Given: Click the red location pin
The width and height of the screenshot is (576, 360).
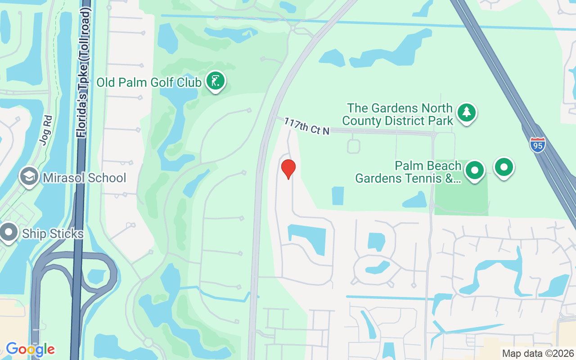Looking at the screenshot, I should (x=288, y=169).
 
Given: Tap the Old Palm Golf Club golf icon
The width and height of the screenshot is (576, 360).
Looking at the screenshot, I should (x=216, y=81).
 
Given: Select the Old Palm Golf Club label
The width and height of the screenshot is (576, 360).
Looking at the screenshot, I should (x=149, y=83).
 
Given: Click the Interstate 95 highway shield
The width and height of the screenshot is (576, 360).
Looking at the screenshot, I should (x=537, y=145).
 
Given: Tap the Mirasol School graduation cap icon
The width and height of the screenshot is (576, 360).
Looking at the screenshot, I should (x=30, y=176).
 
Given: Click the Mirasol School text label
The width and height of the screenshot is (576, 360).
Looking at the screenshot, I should (x=85, y=178).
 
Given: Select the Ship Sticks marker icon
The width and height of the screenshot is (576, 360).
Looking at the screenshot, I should (x=9, y=233).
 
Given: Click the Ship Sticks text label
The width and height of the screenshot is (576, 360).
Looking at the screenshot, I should (x=53, y=234).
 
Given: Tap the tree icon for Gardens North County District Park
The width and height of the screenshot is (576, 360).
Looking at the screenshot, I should (x=467, y=112).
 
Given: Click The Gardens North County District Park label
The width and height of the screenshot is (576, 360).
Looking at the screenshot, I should (x=398, y=115).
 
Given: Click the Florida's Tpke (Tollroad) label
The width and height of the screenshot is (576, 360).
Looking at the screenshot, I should (x=84, y=72).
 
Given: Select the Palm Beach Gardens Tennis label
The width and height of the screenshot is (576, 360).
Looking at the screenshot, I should (x=408, y=172).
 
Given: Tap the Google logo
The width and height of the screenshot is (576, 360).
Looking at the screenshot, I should (x=30, y=349).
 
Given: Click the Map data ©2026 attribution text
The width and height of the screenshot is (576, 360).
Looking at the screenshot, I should (x=538, y=353).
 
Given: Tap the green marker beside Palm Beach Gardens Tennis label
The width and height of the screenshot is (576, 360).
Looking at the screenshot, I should (x=474, y=171).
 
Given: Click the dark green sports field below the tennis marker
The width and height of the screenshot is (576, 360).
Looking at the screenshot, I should (x=461, y=198).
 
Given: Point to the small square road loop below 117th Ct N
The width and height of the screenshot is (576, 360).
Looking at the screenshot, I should (x=354, y=146).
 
